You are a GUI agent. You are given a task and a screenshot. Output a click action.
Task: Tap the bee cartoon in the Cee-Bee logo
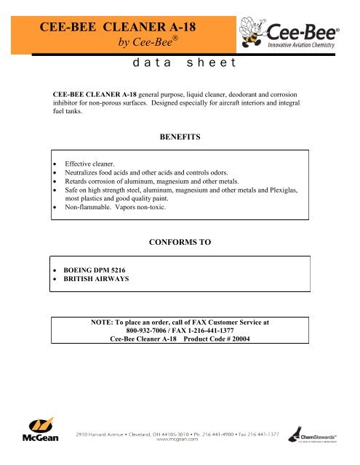point(257,31)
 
